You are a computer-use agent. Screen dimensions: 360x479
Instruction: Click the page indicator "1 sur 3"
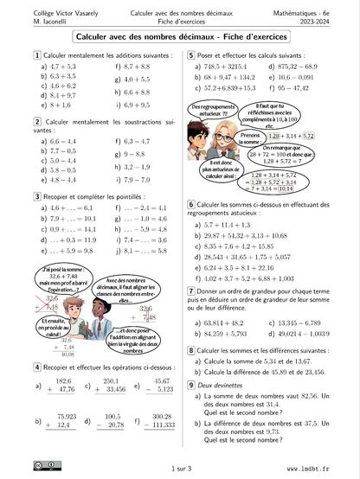coord(180,467)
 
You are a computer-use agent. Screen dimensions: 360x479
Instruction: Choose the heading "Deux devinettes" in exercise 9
coord(215,383)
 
